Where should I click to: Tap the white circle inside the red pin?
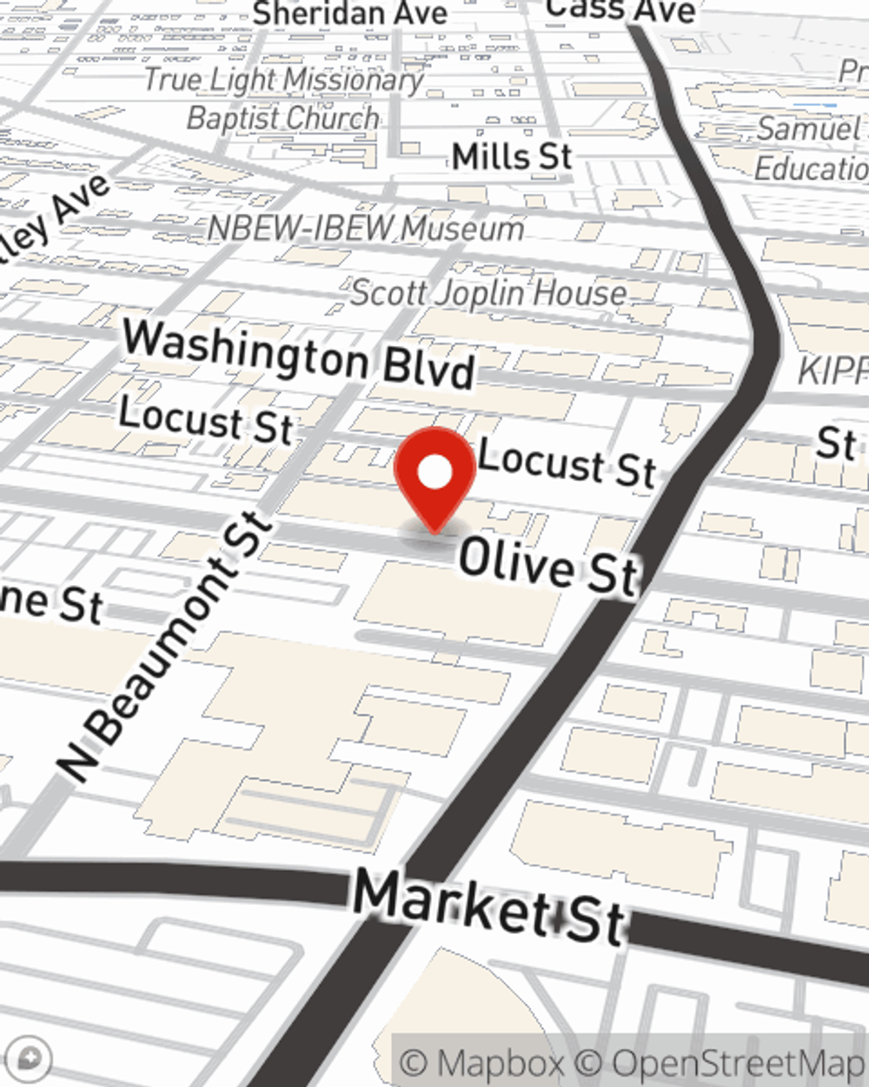coord(435,473)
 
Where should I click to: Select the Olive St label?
coord(548,566)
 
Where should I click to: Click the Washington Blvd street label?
coord(299,354)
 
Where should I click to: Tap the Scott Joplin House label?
coord(488,293)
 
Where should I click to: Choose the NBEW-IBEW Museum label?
coord(366,229)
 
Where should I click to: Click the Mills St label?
coord(512,157)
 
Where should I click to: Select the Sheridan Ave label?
coord(350,13)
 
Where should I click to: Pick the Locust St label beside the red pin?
coord(567,463)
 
